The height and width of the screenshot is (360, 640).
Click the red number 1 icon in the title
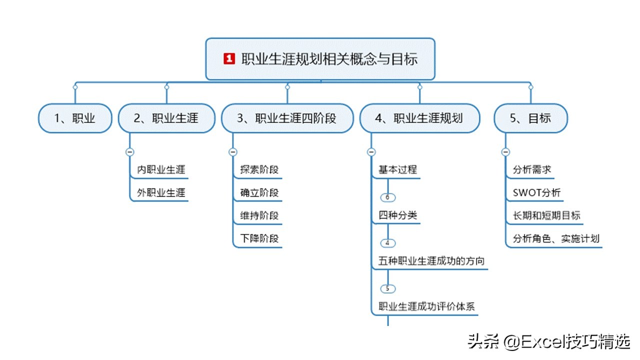229,59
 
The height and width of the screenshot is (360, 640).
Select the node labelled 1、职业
75,118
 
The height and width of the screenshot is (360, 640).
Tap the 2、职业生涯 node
166,118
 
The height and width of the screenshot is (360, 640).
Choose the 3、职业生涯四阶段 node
287,118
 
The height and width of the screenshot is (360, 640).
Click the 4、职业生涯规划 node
419,118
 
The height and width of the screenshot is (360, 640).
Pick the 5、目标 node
530,118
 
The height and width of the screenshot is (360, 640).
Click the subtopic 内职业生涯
161,169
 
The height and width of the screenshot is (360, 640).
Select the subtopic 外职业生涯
161,192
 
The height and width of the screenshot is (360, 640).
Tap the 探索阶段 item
259,169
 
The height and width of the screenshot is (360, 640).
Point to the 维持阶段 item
259,215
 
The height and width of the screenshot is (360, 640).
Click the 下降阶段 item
259,238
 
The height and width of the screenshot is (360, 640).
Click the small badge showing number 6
387,197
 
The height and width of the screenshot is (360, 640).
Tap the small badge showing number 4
387,243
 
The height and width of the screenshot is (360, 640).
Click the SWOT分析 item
536,192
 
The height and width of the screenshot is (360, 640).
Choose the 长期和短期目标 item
546,215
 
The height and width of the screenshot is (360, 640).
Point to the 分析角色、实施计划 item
556,238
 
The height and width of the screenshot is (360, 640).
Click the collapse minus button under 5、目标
505,152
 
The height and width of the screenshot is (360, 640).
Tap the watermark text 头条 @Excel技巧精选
548,342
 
